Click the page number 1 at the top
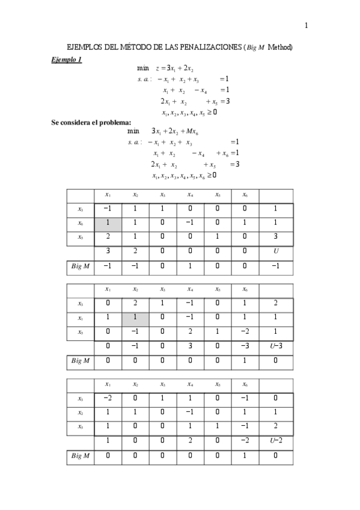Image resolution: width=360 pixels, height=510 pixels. [306, 25]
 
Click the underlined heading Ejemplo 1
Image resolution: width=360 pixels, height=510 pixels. [66, 60]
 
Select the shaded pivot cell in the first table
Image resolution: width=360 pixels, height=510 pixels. [108, 223]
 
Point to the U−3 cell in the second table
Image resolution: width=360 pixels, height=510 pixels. [276, 345]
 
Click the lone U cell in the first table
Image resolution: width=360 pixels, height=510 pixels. [276, 250]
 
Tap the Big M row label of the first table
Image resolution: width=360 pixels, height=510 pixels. [80, 265]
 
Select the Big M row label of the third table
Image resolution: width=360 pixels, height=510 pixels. [80, 455]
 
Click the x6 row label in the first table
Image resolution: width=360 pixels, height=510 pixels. [80, 223]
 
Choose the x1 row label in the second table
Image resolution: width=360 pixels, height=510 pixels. [80, 317]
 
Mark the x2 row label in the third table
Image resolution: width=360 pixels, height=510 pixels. [80, 412]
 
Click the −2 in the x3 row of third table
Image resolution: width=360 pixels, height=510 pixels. [108, 398]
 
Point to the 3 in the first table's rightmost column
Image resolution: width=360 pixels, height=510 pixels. [276, 236]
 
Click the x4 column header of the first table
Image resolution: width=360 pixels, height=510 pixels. [190, 195]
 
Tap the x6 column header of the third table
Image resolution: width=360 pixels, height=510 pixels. [245, 384]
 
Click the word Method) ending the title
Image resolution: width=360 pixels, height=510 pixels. [280, 48]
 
